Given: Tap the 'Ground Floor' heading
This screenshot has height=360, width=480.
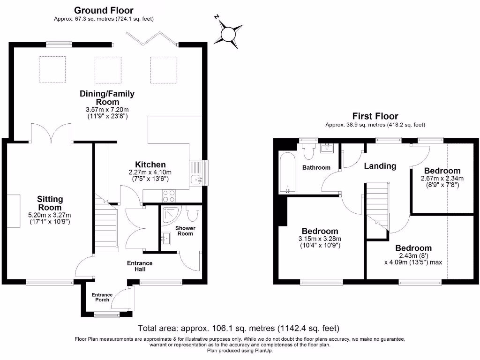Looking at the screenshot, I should click(x=104, y=10).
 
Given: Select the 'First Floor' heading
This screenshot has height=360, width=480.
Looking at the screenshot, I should click(x=375, y=116).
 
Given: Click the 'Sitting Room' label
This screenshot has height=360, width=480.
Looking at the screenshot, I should click(x=50, y=203).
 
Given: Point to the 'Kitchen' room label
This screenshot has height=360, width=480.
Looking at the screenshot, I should click(x=150, y=165).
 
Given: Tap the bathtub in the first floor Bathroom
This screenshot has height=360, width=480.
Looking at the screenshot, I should click(x=286, y=172).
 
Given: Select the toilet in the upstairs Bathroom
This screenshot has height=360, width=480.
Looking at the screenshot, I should click(x=308, y=150).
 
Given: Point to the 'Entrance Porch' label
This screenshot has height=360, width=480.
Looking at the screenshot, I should click(x=100, y=297).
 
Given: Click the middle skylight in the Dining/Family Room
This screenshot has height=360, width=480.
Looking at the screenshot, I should click(x=108, y=69).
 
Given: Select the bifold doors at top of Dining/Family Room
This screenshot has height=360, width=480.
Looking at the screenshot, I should click(x=151, y=38).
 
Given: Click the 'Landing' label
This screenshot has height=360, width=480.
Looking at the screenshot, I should click(x=380, y=166).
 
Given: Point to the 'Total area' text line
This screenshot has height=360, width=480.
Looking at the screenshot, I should click(x=239, y=328).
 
